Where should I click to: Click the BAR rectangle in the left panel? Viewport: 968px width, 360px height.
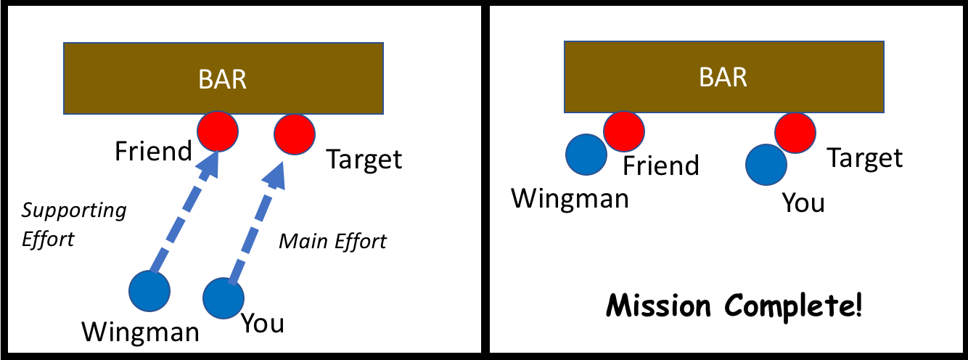(223, 78)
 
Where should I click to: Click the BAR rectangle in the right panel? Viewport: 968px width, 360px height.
(723, 76)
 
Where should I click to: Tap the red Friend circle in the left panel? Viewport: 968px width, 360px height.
(218, 131)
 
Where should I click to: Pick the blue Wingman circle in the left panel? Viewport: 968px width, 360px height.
(149, 290)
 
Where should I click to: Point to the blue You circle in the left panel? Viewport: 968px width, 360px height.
(223, 298)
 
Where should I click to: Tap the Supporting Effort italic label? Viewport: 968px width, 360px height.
(73, 224)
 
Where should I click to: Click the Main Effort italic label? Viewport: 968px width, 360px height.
(333, 241)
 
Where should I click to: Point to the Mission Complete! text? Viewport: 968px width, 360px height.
(734, 306)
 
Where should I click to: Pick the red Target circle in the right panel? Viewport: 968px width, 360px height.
(795, 132)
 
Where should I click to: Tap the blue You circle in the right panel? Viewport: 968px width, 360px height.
(766, 163)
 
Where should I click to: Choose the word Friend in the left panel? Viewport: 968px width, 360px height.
(152, 152)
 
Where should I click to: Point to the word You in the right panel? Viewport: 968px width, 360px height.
(803, 202)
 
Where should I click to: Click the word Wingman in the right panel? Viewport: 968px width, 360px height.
(570, 197)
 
